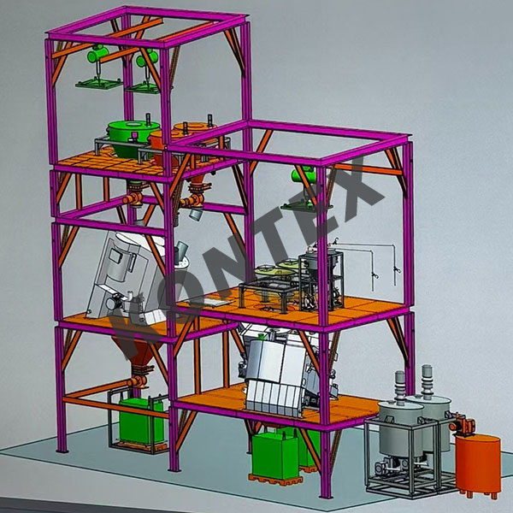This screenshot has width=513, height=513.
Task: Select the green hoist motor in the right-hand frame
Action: coord(304,178)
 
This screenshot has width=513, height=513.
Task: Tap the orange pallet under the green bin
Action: coord(275,477)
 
